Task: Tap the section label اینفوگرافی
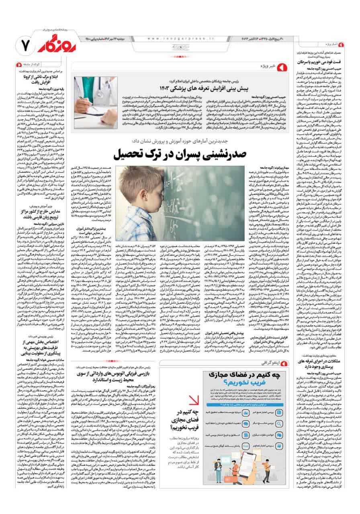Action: coord(269,363)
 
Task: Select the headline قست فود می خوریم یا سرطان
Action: coord(319,63)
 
